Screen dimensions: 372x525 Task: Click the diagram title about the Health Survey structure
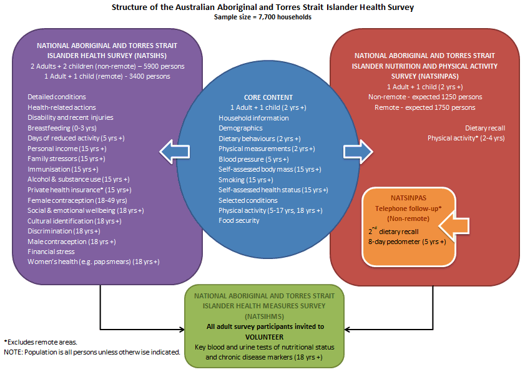262,7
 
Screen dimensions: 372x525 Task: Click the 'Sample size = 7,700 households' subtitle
262,17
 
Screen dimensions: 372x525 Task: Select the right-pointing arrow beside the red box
358,150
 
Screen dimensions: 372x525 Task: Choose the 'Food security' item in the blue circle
238,220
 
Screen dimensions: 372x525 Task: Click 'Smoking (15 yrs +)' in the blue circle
247,180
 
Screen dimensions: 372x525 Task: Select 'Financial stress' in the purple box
51,251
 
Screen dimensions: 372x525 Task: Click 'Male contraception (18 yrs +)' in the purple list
71,241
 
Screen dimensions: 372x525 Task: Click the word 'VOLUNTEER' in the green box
265,336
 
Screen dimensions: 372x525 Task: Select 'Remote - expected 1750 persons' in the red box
424,107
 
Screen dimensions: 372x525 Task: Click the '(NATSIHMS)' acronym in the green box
264,316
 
